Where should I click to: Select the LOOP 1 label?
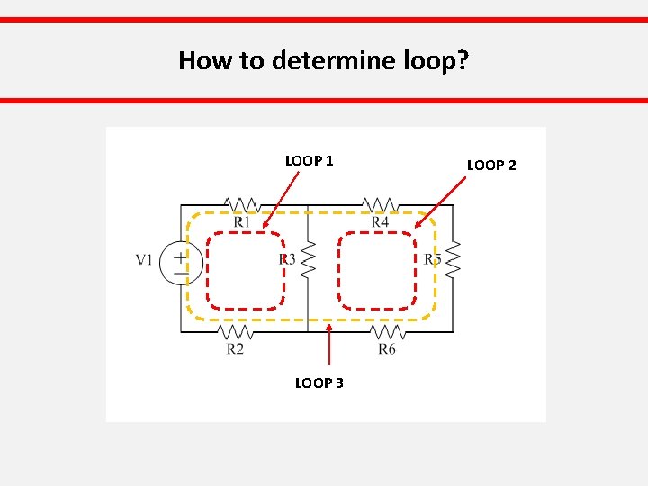[x=310, y=161]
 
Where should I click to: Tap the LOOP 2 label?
[x=491, y=166]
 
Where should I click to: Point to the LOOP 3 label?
[x=319, y=383]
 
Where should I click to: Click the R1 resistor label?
[x=242, y=222]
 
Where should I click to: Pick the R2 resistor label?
[x=235, y=348]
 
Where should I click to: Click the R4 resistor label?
[x=380, y=222]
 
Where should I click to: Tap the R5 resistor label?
[x=433, y=260]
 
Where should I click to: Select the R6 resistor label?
[x=387, y=348]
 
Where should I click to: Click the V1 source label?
[x=144, y=260]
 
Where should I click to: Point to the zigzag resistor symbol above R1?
[x=242, y=204]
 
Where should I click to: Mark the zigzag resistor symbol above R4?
[x=381, y=204]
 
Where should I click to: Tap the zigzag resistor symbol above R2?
[x=235, y=331]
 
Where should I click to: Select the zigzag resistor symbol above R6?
[x=387, y=331]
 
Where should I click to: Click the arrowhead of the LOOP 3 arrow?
[x=329, y=328]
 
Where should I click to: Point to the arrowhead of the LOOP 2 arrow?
[x=416, y=225]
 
